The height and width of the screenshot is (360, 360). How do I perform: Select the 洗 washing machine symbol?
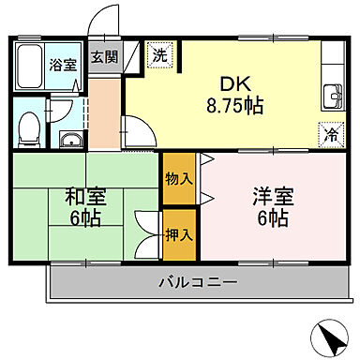160,55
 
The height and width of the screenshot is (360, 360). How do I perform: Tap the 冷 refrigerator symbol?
332,133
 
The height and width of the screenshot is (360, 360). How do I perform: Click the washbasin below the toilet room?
71,141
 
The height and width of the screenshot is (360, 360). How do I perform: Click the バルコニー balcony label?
198,281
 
